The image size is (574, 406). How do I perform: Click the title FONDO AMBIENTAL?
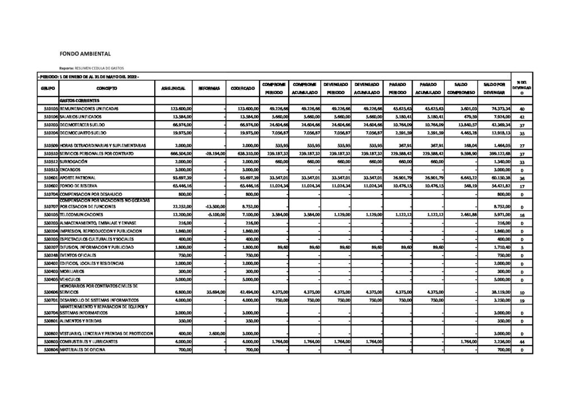85,54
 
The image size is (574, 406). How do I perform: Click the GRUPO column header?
48,89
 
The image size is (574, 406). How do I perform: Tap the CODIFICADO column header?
240,89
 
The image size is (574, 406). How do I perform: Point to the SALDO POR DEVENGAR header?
493,88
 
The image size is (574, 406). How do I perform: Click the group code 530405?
50,278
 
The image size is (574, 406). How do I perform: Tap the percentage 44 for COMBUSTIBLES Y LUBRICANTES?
521,342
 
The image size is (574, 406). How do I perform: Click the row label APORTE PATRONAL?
79,177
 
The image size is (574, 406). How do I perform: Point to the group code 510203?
50,124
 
